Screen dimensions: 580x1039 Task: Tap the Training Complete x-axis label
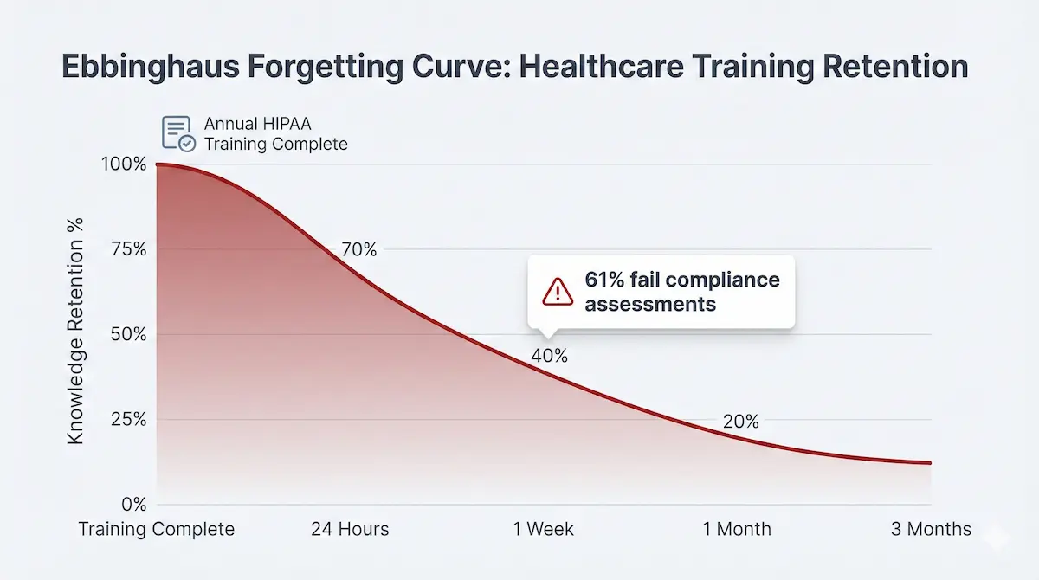click(x=157, y=529)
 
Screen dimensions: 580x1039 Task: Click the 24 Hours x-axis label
click(x=350, y=529)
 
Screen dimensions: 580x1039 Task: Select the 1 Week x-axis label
click(x=544, y=529)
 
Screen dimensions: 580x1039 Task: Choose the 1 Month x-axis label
click(x=737, y=529)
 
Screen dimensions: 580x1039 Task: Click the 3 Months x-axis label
click(x=931, y=529)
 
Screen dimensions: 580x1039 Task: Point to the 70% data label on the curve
click(x=358, y=249)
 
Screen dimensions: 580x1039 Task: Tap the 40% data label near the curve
click(x=550, y=356)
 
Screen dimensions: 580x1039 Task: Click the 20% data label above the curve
click(x=740, y=422)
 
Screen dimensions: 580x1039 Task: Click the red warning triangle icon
click(x=558, y=293)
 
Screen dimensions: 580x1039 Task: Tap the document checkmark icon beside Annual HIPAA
click(x=179, y=133)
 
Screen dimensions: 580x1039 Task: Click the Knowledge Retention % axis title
click(x=75, y=342)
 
